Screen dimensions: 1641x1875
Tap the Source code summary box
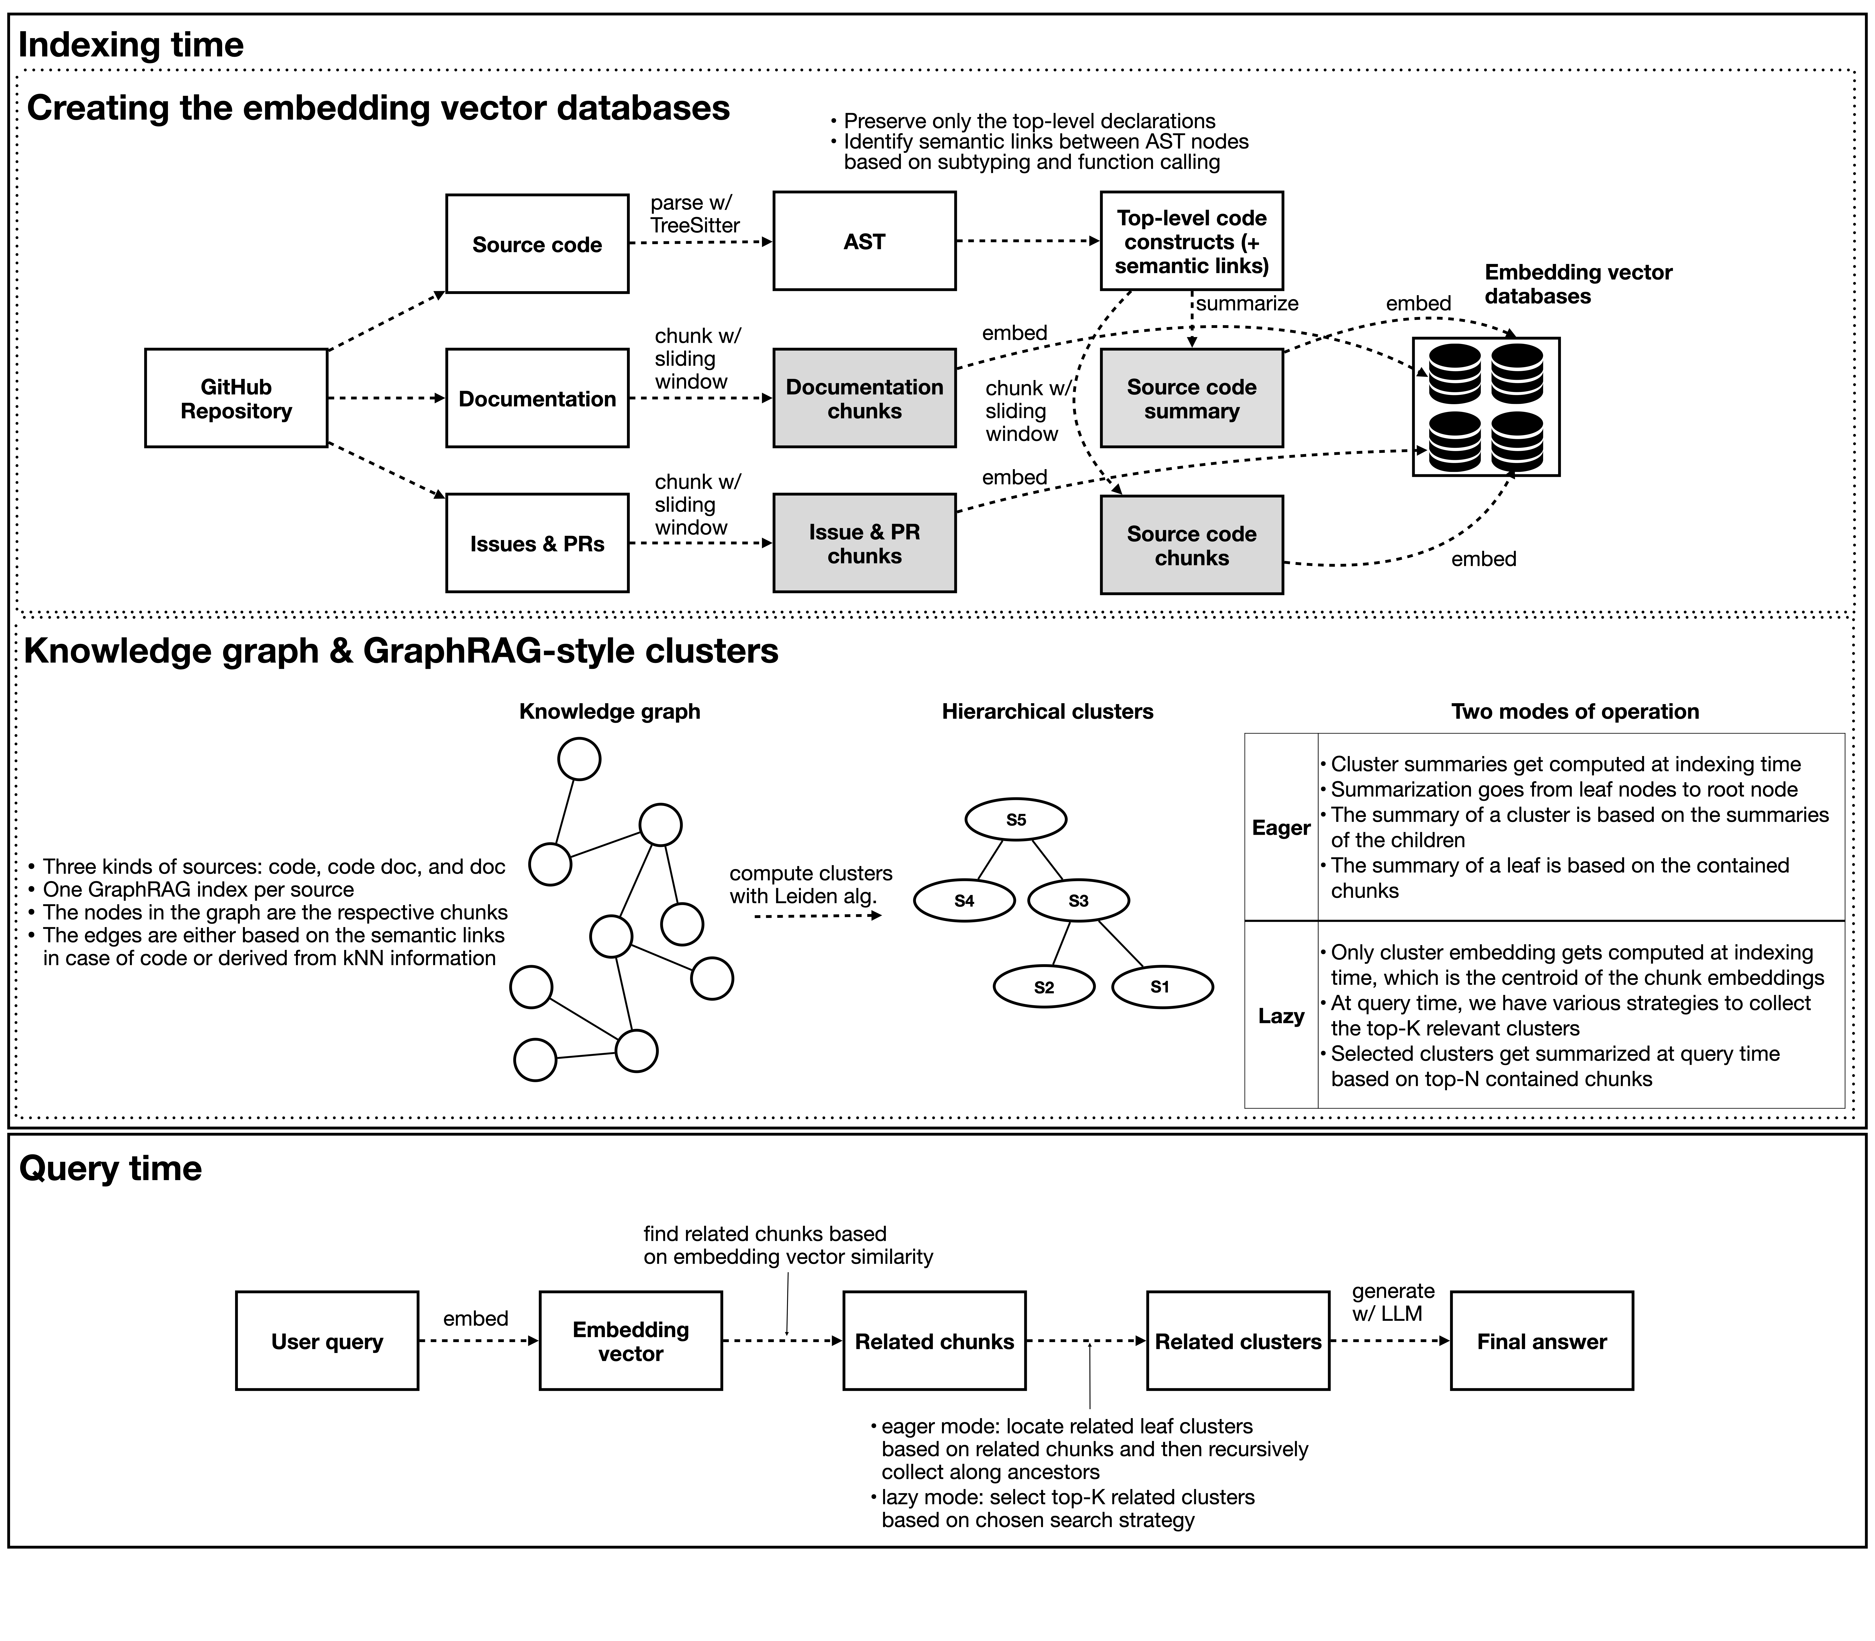1191,398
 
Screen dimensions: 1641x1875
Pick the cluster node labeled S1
1161,987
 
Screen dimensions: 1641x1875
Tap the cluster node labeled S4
964,901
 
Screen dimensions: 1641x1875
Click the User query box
327,1342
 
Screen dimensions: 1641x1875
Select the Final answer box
1542,1342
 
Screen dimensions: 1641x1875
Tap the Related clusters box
1238,1342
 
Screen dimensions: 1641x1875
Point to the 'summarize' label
1247,303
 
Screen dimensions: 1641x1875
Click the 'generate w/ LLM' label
1392,1302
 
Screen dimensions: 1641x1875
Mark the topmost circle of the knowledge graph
579,759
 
